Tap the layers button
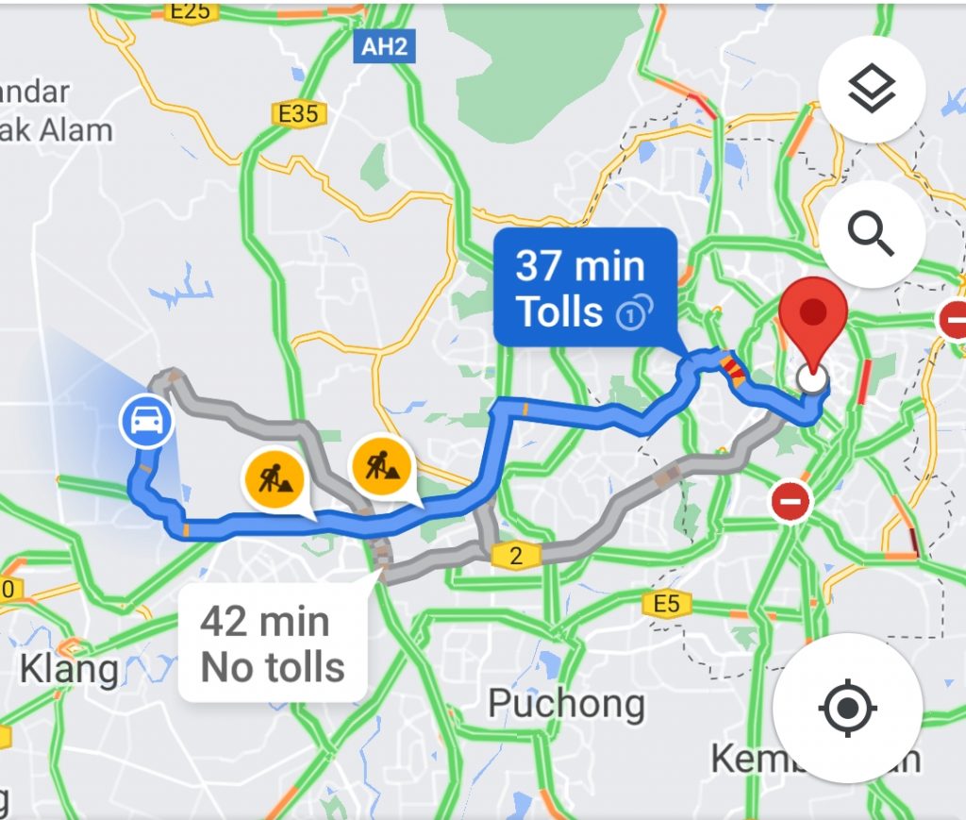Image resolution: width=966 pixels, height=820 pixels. [x=872, y=91]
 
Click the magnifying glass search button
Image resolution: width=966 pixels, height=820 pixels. [x=872, y=233]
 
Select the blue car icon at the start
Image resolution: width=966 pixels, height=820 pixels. [x=146, y=420]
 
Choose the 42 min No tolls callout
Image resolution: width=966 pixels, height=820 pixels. [x=272, y=644]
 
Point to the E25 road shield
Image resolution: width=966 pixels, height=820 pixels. [x=192, y=10]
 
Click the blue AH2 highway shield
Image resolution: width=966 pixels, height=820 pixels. [x=384, y=47]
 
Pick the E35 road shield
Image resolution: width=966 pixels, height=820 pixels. [x=299, y=114]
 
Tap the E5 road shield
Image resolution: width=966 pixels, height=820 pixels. [x=666, y=603]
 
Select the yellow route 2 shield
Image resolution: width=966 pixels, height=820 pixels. [x=515, y=556]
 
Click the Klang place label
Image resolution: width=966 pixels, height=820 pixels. [x=70, y=670]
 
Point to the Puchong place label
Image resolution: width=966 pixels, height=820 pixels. [x=566, y=703]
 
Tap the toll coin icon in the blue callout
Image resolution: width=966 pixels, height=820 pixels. [x=634, y=312]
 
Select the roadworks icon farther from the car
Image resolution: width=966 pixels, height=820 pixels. [x=381, y=464]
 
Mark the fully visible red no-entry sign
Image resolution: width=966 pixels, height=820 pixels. [x=791, y=502]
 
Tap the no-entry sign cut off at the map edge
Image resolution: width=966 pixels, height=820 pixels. [x=953, y=321]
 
